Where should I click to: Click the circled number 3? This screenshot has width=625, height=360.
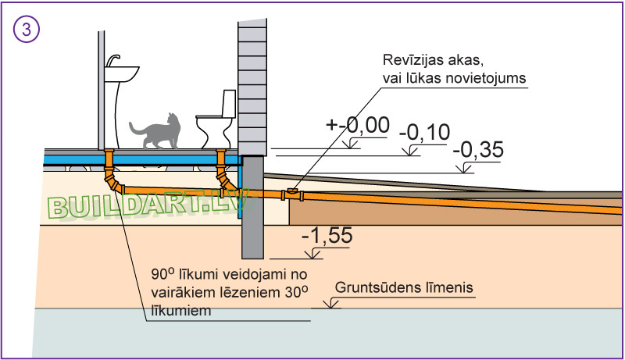tap(27, 30)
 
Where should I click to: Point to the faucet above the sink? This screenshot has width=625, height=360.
tap(114, 59)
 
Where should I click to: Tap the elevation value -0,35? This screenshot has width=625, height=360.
tap(477, 148)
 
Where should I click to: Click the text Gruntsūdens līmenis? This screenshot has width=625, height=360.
tap(405, 288)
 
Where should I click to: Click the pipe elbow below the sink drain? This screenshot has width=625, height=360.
tap(115, 185)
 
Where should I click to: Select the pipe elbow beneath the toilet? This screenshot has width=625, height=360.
tap(224, 187)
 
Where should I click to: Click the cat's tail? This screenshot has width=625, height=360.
tap(134, 127)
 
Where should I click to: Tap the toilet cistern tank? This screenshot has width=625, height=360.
tap(228, 102)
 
